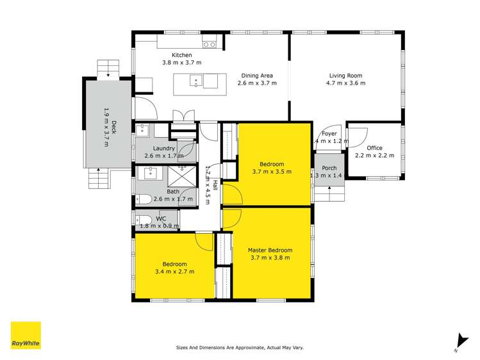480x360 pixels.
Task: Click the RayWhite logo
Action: pyautogui.click(x=26, y=336)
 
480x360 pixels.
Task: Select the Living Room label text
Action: pyautogui.click(x=345, y=74)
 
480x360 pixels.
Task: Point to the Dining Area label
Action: pyautogui.click(x=256, y=75)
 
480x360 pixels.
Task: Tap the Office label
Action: pyautogui.click(x=374, y=148)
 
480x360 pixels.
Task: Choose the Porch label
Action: pyautogui.click(x=329, y=168)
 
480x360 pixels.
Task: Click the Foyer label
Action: pyautogui.click(x=329, y=133)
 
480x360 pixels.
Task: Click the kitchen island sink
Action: pyautogui.click(x=198, y=81)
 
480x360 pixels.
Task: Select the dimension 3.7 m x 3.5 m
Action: pyautogui.click(x=272, y=172)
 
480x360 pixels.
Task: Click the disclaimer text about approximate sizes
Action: pyautogui.click(x=240, y=348)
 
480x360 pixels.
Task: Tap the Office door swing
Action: pyautogui.click(x=358, y=137)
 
